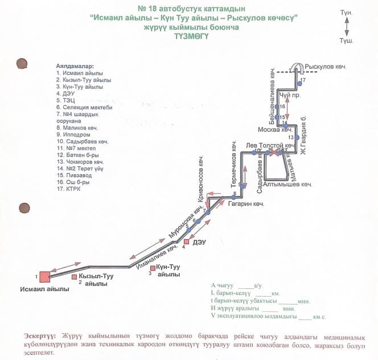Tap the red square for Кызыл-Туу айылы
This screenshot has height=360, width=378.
pos(75,277)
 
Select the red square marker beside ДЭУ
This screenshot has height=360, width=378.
pos(186,242)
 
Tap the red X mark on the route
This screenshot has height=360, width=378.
pos(274,153)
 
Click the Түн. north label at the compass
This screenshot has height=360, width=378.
pos(346,13)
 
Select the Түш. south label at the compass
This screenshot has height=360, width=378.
pos(346,41)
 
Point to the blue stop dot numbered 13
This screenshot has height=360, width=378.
pos(298,138)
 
